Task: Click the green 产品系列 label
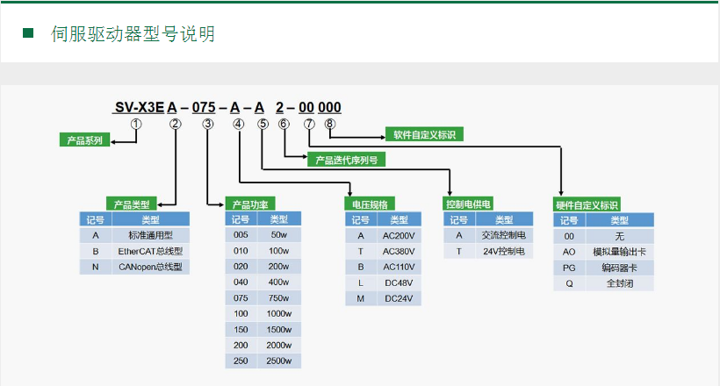point(84,140)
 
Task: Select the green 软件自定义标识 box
point(424,134)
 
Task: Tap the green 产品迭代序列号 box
point(346,160)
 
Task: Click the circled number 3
point(208,124)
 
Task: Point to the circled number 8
point(329,124)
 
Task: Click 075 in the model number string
point(204,107)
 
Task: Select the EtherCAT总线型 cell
point(151,251)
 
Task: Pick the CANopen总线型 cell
point(151,267)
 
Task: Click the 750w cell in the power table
point(278,298)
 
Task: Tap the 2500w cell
point(278,361)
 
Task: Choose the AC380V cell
point(399,251)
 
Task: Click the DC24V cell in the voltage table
point(399,298)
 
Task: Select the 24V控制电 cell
point(504,251)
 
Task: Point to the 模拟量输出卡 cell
point(619,252)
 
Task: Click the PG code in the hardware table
point(569,268)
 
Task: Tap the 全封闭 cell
point(619,283)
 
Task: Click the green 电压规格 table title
point(370,204)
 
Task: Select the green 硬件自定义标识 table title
point(587,204)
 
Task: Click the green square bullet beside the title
point(28,32)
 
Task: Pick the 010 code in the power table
point(241,251)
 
